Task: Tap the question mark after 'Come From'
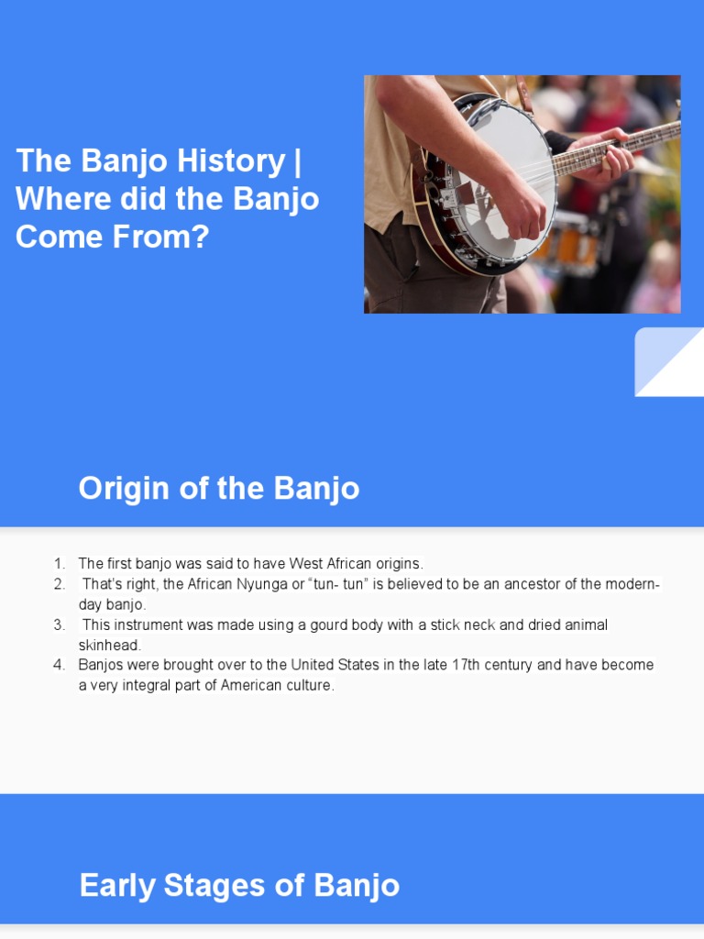click(202, 238)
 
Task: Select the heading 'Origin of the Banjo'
click(218, 488)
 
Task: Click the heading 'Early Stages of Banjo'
click(239, 885)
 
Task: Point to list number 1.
click(60, 563)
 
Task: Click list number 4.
click(60, 665)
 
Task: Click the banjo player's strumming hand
click(523, 216)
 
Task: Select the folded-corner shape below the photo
click(668, 362)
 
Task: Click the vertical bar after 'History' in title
click(297, 161)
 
